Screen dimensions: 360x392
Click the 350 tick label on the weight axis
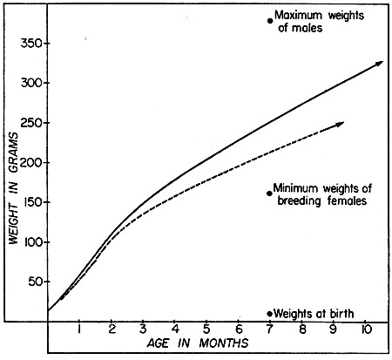[x=32, y=44]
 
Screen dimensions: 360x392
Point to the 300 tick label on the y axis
[x=32, y=83]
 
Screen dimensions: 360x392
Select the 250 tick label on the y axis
[x=32, y=123]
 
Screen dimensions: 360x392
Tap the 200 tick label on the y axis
[x=32, y=162]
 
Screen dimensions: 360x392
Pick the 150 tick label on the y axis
[x=32, y=202]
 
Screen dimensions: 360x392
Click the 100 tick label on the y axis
[x=32, y=242]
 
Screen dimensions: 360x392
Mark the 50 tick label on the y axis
[x=35, y=282]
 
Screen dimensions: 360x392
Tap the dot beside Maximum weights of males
[x=270, y=20]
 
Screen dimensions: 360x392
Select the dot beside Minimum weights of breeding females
[x=270, y=193]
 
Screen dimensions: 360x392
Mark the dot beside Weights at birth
[x=270, y=313]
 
